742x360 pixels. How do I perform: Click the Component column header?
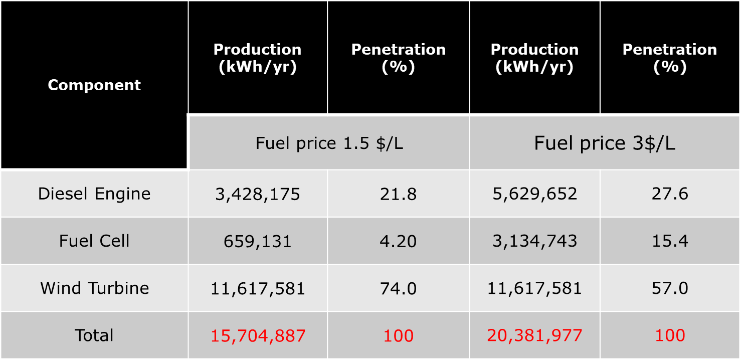pos(94,85)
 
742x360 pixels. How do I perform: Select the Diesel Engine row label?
pos(94,194)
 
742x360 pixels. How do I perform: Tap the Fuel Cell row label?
pos(94,241)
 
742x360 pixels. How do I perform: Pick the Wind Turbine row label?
pos(94,288)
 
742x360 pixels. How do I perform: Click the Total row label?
pos(94,335)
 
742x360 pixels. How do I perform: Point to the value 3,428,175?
pos(258,194)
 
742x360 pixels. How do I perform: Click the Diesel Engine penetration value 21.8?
pos(398,194)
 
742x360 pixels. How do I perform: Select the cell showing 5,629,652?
pos(534,194)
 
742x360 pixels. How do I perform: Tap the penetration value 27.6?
pos(670,194)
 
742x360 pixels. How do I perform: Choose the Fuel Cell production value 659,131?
pos(258,241)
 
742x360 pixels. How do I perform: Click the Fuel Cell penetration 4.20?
pos(398,241)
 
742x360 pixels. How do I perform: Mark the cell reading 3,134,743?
pos(534,241)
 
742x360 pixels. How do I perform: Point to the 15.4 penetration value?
pos(670,241)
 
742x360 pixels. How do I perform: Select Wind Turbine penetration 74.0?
pos(398,288)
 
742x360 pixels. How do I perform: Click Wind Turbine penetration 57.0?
pos(670,288)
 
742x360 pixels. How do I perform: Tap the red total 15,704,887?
pos(258,335)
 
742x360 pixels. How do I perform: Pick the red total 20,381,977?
pos(534,335)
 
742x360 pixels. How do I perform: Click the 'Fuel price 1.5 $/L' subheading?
pos(329,143)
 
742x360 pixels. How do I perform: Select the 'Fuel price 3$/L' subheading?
pos(605,143)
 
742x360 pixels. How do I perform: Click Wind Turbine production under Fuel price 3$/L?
pos(534,288)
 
